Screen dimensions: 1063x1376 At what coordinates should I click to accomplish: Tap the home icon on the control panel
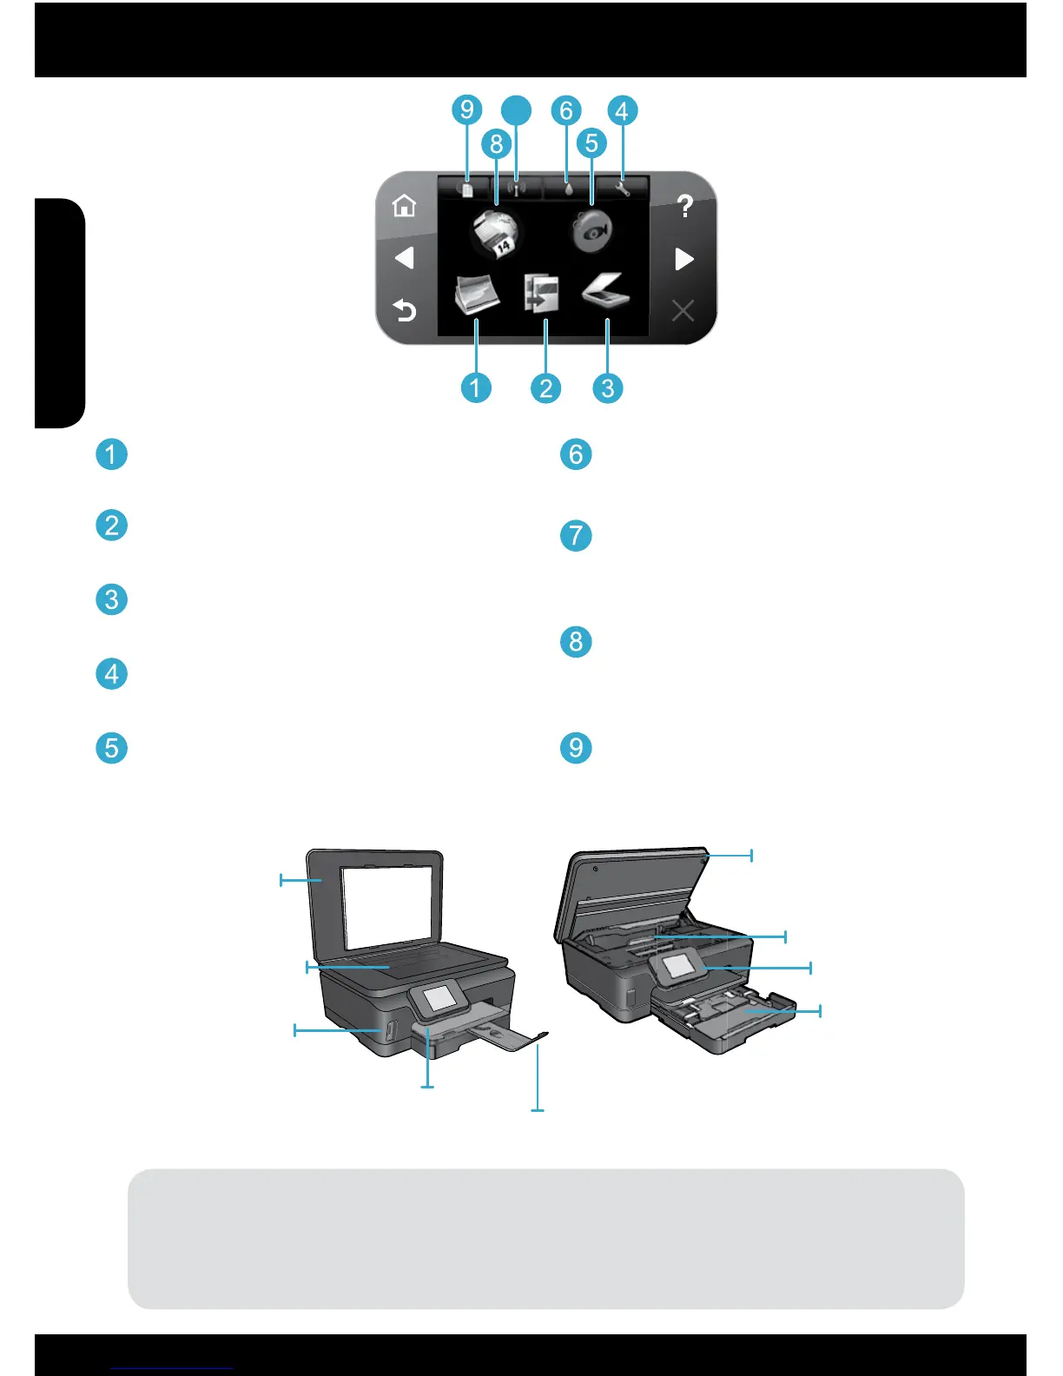404,207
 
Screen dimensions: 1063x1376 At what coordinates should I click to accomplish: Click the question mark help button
684,207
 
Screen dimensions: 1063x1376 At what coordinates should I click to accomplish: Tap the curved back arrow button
405,310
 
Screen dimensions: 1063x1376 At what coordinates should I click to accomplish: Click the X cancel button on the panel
683,310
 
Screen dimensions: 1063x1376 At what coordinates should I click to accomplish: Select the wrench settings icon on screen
622,188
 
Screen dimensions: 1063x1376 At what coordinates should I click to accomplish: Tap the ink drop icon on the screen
568,188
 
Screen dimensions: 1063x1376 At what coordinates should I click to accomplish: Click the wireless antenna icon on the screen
516,188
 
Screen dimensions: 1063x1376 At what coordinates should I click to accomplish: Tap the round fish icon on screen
592,231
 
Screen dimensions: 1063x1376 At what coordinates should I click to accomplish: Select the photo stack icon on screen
477,294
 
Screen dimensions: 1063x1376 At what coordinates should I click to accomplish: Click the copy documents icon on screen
541,294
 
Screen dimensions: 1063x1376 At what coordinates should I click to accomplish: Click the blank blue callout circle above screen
517,109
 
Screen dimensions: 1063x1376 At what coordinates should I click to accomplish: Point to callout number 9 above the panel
467,109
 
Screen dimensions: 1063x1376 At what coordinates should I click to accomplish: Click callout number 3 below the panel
608,387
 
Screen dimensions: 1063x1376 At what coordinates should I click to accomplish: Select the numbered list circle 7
576,535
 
